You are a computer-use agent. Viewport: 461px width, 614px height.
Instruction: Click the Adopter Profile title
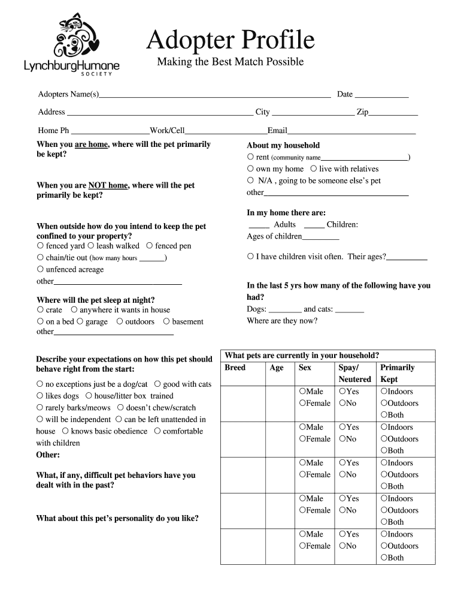(x=230, y=40)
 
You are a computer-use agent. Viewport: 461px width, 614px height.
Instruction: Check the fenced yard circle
(x=40, y=246)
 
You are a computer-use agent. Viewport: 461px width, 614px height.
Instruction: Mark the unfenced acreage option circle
(x=40, y=270)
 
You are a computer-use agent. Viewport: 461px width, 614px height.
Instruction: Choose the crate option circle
(x=40, y=310)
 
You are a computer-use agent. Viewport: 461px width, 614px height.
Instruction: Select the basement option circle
(x=166, y=322)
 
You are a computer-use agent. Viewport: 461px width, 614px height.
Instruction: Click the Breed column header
(x=235, y=368)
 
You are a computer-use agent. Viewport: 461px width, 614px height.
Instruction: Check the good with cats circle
(x=157, y=384)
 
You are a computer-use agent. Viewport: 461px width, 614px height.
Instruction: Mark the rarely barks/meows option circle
(x=40, y=408)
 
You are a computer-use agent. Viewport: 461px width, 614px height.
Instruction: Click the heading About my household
(x=283, y=145)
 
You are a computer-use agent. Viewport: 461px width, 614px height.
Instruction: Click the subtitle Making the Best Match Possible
(x=230, y=62)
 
